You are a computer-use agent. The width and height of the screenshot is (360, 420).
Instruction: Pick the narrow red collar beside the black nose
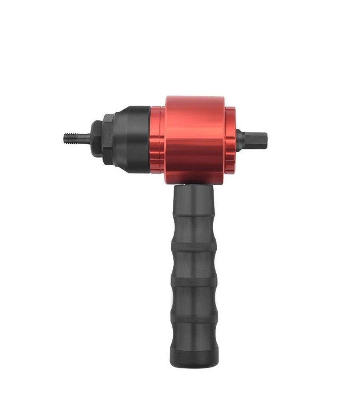(x=157, y=138)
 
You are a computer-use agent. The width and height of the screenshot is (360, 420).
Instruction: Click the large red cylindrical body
(x=195, y=138)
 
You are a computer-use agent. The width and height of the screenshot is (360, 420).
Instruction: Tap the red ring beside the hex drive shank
(x=230, y=138)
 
